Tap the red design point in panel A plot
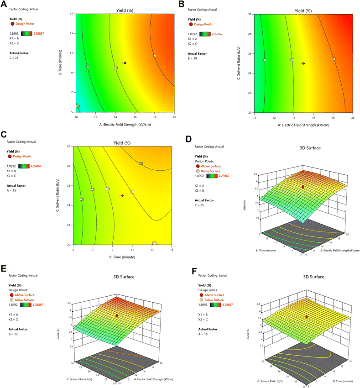pyautogui.click(x=125, y=63)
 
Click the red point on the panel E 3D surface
pyautogui.click(x=117, y=315)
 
